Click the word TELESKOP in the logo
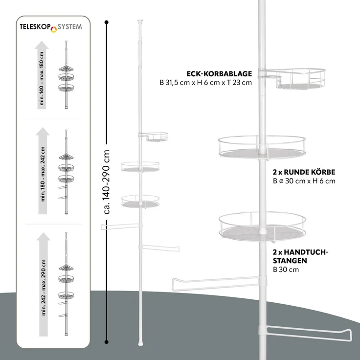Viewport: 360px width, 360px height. (35, 27)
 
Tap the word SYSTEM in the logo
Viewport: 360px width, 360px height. (69, 27)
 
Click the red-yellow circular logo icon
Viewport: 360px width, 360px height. (54, 29)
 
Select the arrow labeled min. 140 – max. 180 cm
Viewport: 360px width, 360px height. (42, 75)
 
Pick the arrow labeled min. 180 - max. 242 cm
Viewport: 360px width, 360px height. (43, 171)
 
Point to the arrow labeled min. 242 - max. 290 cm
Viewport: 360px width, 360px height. (44, 284)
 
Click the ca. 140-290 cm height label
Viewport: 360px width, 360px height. (107, 182)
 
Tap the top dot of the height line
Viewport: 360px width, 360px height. (106, 22)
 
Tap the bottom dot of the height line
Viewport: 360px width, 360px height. (106, 342)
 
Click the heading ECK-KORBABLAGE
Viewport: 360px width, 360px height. (219, 74)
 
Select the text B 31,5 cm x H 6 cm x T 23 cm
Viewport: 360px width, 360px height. (206, 83)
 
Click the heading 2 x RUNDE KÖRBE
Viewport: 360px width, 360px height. (304, 172)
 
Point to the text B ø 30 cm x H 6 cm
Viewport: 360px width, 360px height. (304, 181)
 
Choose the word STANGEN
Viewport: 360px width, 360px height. (290, 261)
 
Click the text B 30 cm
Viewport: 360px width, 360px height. (286, 270)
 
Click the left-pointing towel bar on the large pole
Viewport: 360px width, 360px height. (216, 284)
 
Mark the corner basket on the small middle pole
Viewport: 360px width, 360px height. (154, 136)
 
